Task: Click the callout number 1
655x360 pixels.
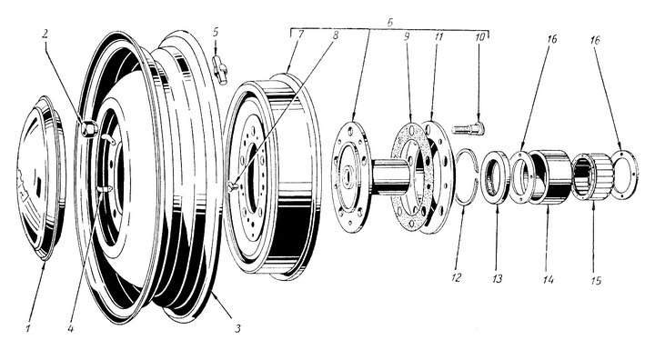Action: click(28, 328)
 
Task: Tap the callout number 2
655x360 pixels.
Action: click(45, 34)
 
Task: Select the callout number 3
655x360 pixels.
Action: click(237, 328)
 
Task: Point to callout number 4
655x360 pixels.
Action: click(71, 329)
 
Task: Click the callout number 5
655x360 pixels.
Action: click(215, 32)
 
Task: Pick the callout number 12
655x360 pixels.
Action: click(456, 277)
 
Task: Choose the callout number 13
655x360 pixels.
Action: click(497, 278)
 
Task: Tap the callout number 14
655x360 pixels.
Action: click(548, 279)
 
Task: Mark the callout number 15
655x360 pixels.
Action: click(596, 280)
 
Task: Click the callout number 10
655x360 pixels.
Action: click(480, 36)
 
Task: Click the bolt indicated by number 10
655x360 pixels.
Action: click(468, 128)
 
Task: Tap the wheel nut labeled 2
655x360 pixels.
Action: click(89, 128)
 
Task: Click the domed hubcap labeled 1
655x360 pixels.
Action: click(41, 178)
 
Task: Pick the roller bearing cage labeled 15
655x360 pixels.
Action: click(592, 176)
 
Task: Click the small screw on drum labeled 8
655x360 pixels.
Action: click(233, 186)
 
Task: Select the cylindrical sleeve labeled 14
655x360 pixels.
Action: click(550, 177)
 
